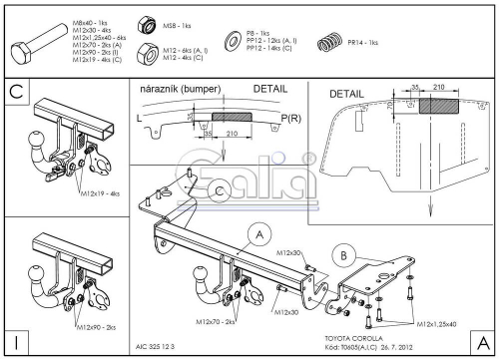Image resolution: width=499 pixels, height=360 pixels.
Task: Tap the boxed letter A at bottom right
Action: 482,342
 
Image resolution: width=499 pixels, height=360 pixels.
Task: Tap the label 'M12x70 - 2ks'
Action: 213,322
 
